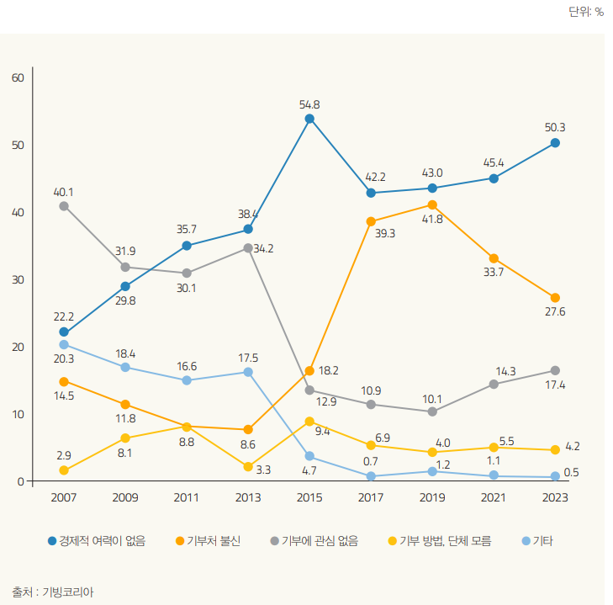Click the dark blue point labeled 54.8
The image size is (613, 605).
[x=309, y=119]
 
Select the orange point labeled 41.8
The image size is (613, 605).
[x=432, y=204]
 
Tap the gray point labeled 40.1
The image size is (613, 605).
[x=64, y=205]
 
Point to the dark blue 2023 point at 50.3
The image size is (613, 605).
[x=555, y=142]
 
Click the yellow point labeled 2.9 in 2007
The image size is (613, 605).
[x=64, y=470]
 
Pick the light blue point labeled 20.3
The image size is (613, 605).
[x=64, y=344]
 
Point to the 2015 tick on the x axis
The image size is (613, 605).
[x=309, y=497]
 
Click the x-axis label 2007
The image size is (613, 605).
[x=64, y=497]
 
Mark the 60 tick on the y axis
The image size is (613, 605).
[x=18, y=77]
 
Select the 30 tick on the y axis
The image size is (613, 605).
[x=18, y=279]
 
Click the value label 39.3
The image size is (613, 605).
[x=385, y=233]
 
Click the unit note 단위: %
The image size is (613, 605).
[x=586, y=12]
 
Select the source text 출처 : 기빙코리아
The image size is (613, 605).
[x=53, y=592]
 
